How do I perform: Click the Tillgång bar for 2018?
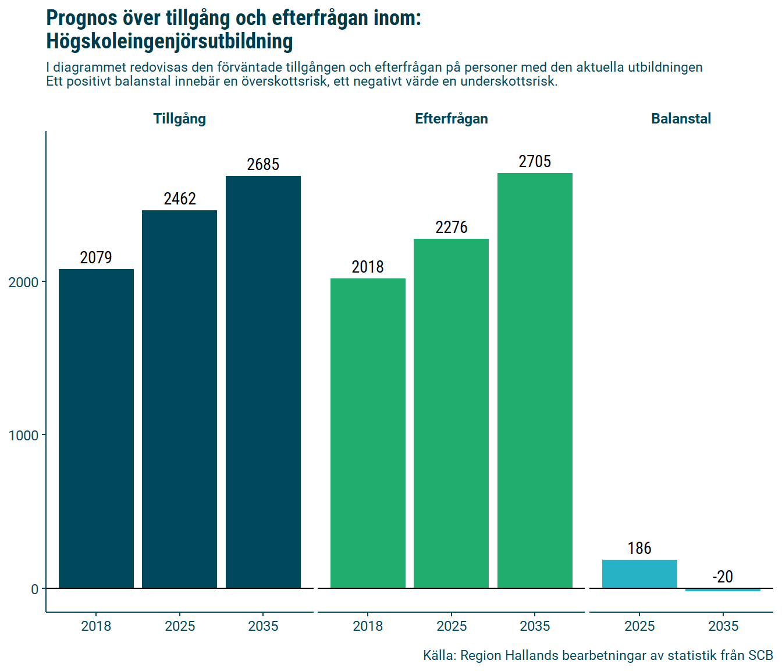96,429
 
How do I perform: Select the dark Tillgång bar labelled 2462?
179,399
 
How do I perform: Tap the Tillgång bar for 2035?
263,382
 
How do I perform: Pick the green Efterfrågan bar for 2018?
368,433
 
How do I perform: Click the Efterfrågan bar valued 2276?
451,414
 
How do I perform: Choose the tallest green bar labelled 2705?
535,380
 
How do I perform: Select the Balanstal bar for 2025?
639,574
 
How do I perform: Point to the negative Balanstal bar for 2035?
723,589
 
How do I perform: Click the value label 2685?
263,165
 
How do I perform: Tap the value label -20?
723,577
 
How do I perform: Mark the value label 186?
639,549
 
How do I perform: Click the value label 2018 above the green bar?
368,267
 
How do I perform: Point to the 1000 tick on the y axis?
23,436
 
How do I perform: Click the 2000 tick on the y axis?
23,282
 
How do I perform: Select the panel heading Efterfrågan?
451,119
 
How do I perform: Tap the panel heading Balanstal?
681,119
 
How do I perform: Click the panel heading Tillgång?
179,119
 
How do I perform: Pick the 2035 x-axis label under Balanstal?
723,626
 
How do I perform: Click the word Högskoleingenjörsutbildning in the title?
169,42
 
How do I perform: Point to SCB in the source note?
760,656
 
